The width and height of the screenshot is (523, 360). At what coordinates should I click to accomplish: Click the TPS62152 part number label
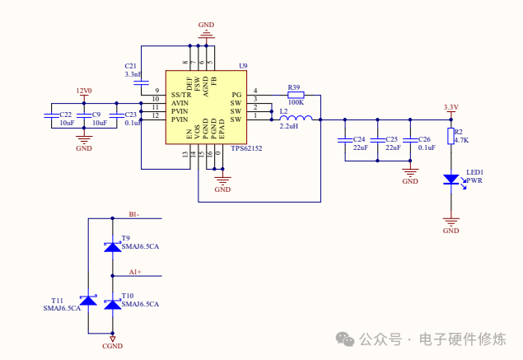click(x=246, y=149)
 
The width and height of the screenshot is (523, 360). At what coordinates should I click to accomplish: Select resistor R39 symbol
click(x=294, y=95)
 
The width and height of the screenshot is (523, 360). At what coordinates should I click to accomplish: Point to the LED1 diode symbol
click(x=451, y=178)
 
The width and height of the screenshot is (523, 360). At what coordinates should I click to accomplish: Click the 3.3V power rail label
click(x=451, y=107)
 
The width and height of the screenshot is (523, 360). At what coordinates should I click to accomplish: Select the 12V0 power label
click(x=83, y=91)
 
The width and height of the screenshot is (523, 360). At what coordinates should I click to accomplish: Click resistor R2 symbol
click(x=451, y=136)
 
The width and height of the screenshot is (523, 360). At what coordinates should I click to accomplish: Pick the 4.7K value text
click(x=461, y=140)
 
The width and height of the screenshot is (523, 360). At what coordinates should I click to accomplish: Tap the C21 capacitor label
click(x=131, y=65)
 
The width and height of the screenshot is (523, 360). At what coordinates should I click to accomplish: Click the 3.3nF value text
click(x=133, y=74)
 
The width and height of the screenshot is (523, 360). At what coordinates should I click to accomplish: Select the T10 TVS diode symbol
click(x=112, y=303)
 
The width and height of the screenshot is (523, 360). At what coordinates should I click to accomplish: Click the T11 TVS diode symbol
click(x=88, y=302)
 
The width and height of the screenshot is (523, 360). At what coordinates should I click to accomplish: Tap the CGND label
click(x=112, y=346)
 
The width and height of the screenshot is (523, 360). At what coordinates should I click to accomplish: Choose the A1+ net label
click(x=135, y=271)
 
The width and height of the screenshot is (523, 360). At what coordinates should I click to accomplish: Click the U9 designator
click(x=243, y=65)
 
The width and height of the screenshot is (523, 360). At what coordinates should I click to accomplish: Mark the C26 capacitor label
click(x=425, y=139)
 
